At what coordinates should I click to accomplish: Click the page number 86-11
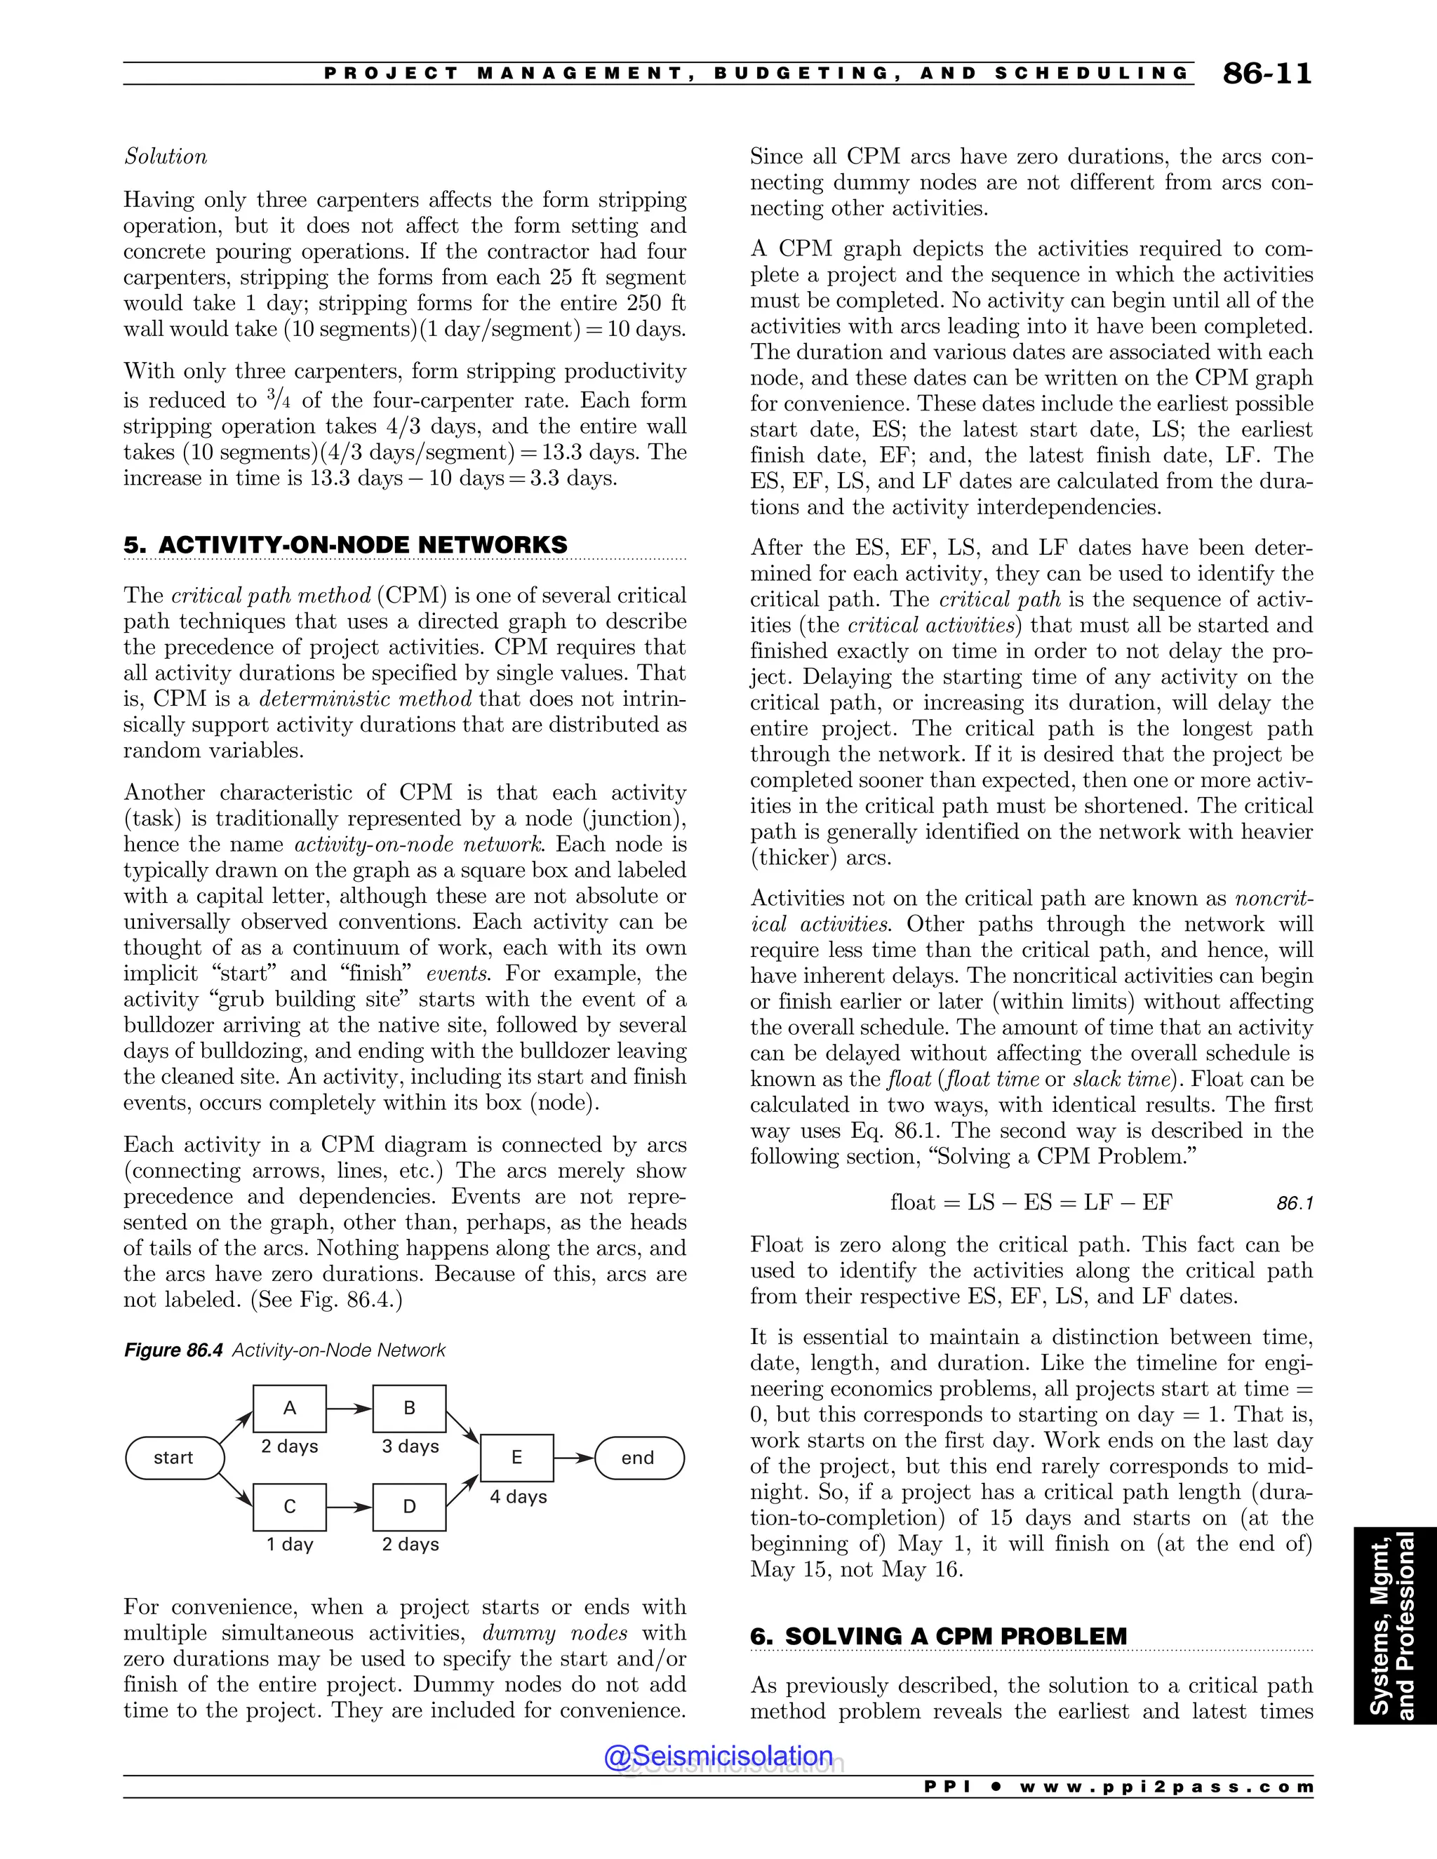click(1266, 74)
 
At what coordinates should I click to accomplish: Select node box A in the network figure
click(290, 1409)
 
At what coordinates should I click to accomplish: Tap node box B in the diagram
click(410, 1409)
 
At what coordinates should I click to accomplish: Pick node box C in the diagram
click(290, 1507)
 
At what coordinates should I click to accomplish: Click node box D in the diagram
click(410, 1507)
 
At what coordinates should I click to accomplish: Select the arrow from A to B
click(349, 1409)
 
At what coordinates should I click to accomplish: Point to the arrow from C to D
click(349, 1507)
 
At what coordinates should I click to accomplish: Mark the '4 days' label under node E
click(518, 1496)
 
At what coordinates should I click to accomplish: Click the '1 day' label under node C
click(290, 1544)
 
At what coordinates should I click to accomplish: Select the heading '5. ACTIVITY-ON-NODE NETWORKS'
click(346, 545)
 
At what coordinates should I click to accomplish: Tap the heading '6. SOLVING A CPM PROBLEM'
click(938, 1636)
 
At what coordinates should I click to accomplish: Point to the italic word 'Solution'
click(166, 156)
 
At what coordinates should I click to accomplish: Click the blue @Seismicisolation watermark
click(718, 1755)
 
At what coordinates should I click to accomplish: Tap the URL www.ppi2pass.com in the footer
click(1165, 1787)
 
